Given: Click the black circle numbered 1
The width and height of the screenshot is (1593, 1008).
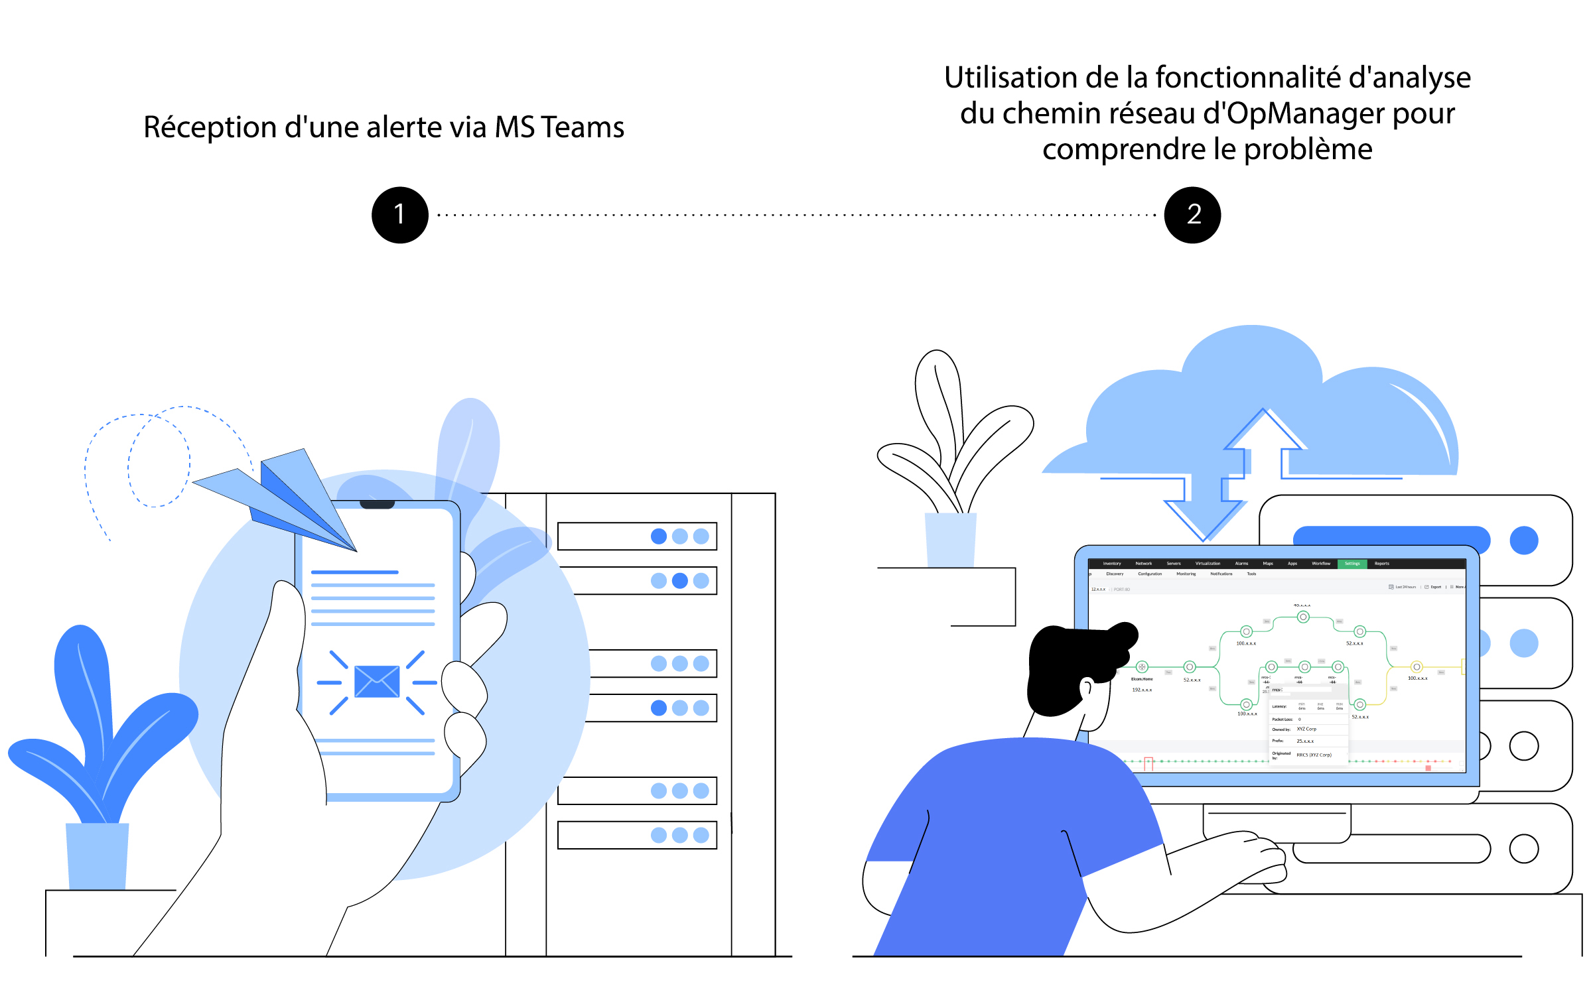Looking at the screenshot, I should [x=399, y=215].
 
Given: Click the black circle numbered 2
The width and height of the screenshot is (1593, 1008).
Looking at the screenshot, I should [x=1192, y=215].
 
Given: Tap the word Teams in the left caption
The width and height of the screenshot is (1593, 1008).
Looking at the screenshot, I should [x=582, y=127].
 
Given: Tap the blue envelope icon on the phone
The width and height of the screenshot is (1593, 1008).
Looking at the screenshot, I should [x=377, y=681].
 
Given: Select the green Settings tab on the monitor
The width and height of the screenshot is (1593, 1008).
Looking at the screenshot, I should [x=1351, y=564].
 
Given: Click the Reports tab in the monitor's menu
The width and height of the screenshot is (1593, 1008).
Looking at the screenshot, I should [x=1381, y=564].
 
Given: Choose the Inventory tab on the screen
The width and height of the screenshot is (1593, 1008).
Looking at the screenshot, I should [x=1112, y=564].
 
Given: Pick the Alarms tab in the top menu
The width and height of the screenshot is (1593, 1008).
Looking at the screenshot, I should [x=1241, y=564].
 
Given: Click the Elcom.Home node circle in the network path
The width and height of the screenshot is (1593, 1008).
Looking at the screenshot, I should [x=1142, y=667].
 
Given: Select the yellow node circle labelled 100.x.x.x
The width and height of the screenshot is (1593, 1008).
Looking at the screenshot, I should [x=1417, y=667].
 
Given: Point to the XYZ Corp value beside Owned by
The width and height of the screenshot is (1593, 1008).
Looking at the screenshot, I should [x=1306, y=729].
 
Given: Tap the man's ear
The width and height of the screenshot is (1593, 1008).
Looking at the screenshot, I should [x=1086, y=688].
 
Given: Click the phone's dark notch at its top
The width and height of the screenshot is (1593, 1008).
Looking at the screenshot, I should [x=377, y=505].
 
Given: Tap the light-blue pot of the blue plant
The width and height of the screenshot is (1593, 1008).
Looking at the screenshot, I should [x=97, y=855].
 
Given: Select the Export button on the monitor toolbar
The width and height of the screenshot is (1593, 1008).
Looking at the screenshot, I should [x=1434, y=587].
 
